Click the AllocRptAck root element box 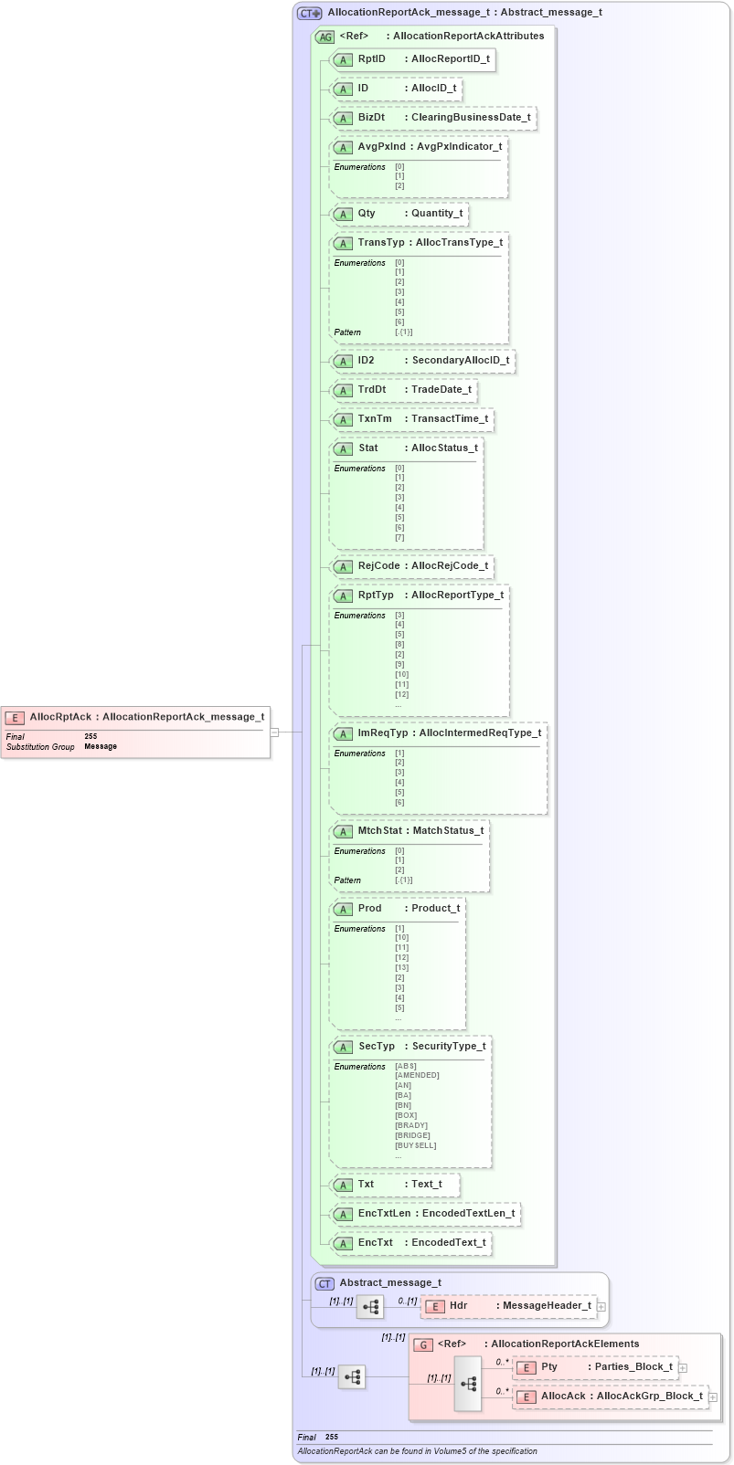coord(135,731)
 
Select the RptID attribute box coord(413,59)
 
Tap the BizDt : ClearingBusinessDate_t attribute coord(432,118)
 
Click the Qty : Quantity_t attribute coord(399,214)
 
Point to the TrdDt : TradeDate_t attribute coord(404,390)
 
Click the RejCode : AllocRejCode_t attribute coord(412,566)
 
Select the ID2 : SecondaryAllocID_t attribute coord(422,361)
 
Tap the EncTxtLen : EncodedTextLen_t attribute coord(425,1214)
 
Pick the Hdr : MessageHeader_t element coord(508,1306)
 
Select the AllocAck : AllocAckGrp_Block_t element coord(609,1396)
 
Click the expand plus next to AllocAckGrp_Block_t coord(713,1397)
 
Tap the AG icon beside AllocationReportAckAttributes coord(324,37)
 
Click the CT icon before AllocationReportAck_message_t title coord(310,14)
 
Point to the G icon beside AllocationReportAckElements coord(424,1344)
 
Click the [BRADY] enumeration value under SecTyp coord(410,1125)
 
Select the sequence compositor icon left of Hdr coord(370,1307)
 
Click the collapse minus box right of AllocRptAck coord(273,732)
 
